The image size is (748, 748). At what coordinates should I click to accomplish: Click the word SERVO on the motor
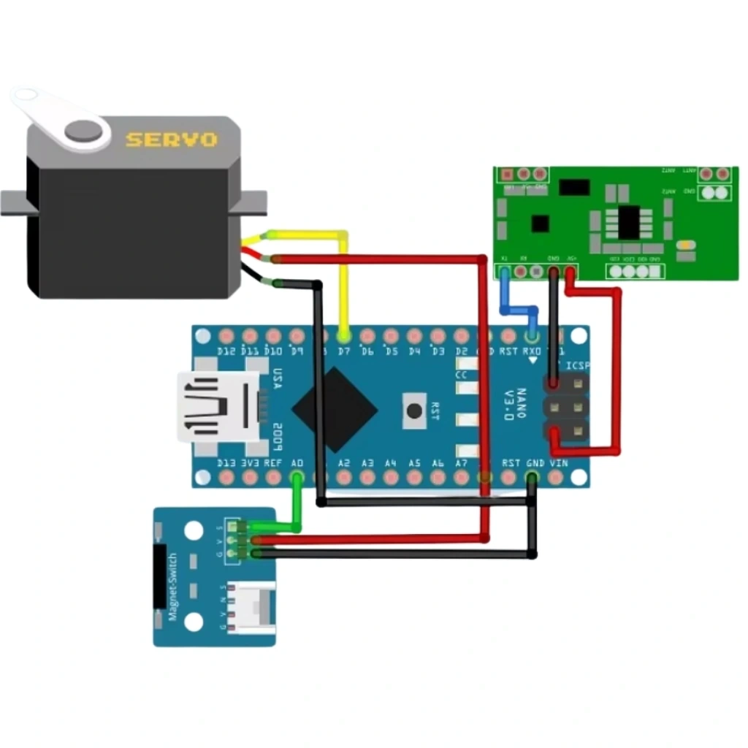[171, 139]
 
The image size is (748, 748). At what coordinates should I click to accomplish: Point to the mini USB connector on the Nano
[218, 407]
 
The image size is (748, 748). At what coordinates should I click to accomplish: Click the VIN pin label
[558, 463]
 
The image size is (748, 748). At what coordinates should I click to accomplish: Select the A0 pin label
[297, 463]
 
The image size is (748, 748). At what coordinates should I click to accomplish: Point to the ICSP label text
[577, 366]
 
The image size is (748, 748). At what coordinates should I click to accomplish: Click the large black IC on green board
[629, 222]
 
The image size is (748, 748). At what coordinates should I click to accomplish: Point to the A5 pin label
[414, 463]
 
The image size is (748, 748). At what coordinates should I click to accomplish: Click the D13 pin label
[227, 463]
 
